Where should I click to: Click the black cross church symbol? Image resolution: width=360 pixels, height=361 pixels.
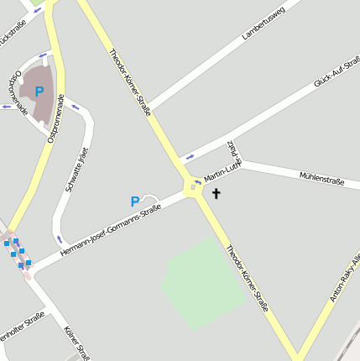216,194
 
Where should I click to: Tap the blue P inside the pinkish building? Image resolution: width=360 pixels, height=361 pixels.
39,92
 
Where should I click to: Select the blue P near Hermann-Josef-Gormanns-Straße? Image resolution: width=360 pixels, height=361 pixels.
134,201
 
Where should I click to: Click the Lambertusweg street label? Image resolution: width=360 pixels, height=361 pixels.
263,24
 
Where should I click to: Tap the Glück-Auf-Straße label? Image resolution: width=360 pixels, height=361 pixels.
337,72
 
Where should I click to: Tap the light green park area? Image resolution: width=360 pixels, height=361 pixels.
201,281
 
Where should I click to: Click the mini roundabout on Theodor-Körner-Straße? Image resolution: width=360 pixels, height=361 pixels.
194,186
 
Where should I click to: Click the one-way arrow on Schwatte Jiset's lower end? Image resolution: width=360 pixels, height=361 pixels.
60,238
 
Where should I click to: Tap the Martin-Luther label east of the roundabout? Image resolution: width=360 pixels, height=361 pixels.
223,171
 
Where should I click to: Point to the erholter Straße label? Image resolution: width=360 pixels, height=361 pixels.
22,323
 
